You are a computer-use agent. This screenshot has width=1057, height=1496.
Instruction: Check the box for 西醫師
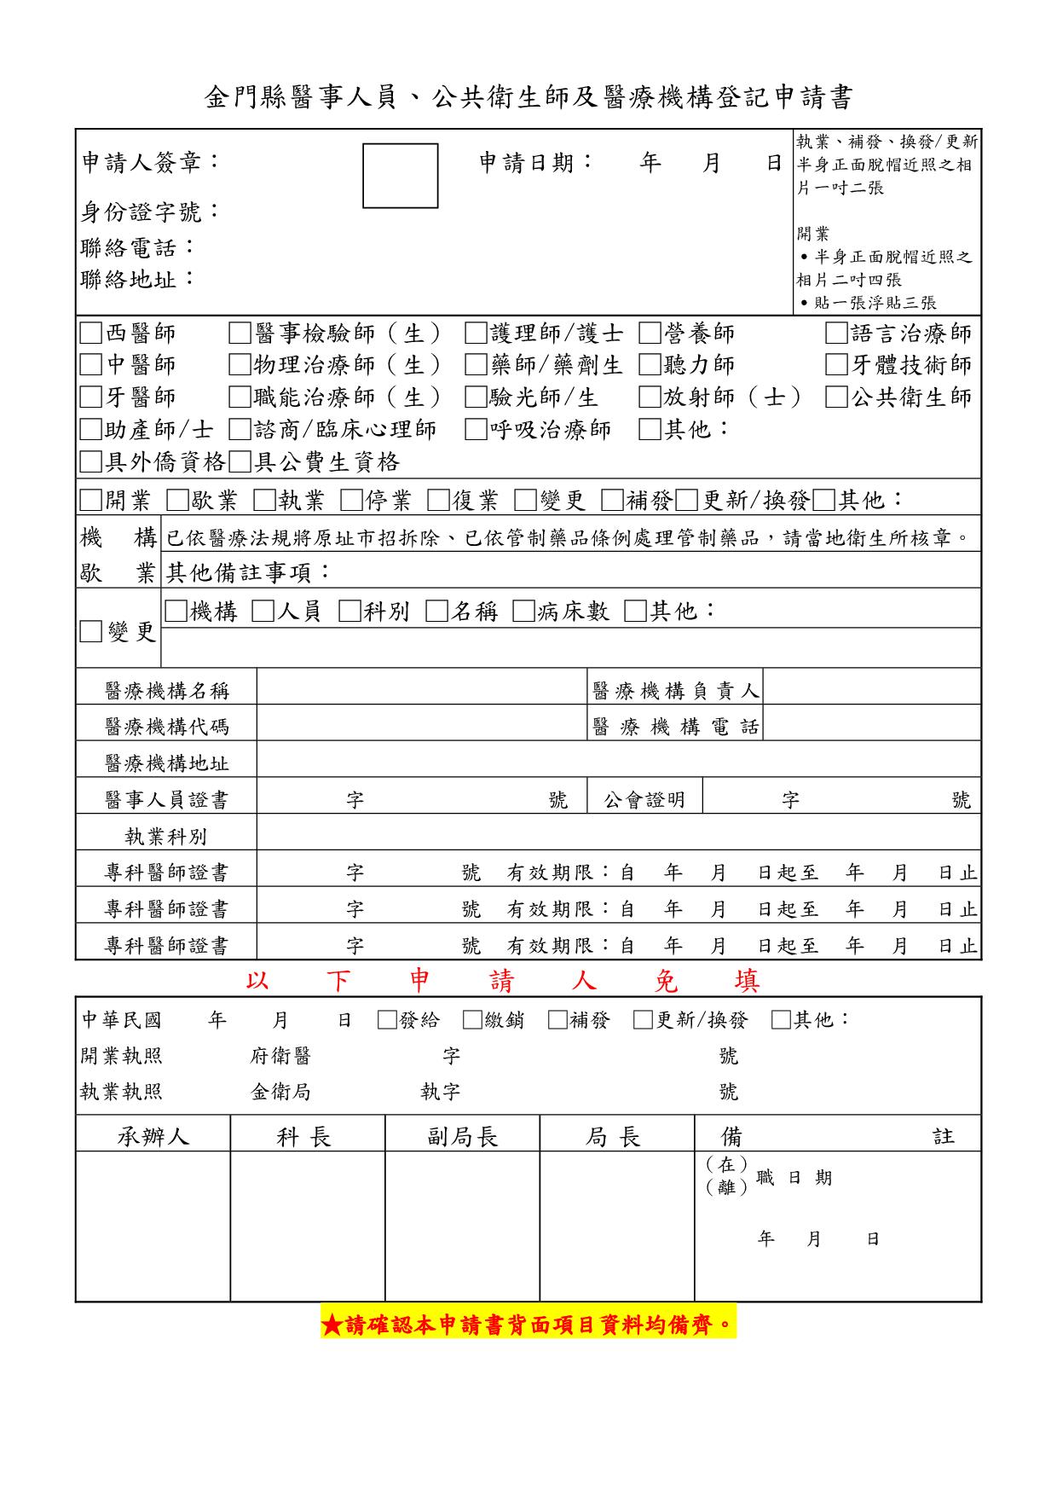pos(90,333)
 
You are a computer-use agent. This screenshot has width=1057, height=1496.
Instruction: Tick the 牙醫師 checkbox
pos(90,397)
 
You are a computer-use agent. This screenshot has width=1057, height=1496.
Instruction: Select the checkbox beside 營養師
pos(650,333)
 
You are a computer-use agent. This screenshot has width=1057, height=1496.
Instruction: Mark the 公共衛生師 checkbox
pos(836,397)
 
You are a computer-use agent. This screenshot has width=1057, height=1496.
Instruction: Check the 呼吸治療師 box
pos(476,430)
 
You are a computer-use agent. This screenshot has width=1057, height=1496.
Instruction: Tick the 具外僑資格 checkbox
pos(90,462)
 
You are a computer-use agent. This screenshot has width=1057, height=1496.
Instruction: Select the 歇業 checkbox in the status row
pos(177,500)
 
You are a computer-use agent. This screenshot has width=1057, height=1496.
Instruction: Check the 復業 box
pos(438,500)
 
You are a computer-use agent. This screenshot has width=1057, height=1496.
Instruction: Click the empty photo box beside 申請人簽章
pos(400,176)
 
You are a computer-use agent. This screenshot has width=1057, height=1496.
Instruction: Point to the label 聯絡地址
pos(137,278)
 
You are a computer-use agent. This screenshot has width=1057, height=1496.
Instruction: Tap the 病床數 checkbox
pos(523,611)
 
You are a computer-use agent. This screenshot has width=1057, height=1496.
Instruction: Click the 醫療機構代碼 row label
pos(166,727)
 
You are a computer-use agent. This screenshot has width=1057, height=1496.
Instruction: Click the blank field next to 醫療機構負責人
pos(870,690)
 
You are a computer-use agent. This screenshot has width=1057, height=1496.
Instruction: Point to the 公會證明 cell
pos(644,800)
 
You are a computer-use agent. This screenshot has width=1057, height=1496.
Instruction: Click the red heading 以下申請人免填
pos(503,982)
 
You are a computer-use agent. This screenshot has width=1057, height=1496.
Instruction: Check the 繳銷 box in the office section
pos(472,1020)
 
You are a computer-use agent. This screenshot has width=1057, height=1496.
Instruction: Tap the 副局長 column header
pos(462,1136)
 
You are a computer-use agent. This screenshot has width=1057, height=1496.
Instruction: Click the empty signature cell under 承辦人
pos(153,1226)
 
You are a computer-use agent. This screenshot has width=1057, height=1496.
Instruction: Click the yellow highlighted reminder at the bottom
pos(528,1325)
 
